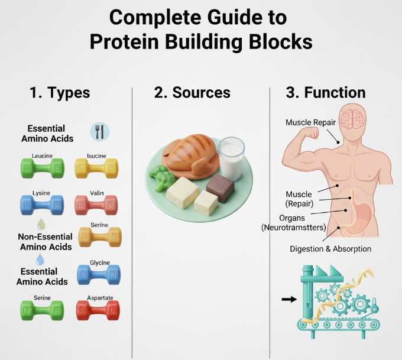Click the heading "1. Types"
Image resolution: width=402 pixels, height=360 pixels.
[x=60, y=93]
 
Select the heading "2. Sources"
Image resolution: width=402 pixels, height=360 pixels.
[x=192, y=93]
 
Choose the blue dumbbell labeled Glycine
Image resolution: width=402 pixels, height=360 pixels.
[x=98, y=274]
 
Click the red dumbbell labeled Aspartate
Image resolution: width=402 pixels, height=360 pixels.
[x=98, y=309]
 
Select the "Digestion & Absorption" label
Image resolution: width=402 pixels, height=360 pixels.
[x=330, y=249]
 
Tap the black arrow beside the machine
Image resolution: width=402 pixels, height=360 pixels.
[x=289, y=299]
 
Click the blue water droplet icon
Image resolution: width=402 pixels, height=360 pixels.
[x=40, y=260]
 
